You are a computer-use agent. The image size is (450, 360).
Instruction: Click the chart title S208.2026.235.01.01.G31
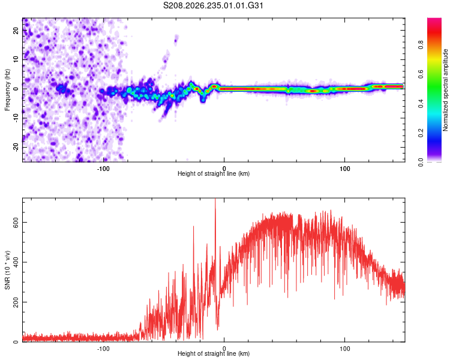(x=213, y=5)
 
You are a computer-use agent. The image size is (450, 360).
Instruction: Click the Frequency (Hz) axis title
(x=7, y=90)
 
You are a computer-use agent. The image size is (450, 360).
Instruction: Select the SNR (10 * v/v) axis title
(x=7, y=270)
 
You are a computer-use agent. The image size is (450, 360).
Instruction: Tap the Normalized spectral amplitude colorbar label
(x=445, y=90)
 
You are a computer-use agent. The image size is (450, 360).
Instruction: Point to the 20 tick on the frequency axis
(x=16, y=31)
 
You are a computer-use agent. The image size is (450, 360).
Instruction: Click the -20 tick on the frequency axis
(x=16, y=147)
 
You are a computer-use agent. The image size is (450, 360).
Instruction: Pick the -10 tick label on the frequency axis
(x=16, y=118)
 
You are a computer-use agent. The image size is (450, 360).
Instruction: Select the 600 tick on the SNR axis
(x=16, y=223)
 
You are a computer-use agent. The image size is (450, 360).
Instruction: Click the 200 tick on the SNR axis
(x=16, y=302)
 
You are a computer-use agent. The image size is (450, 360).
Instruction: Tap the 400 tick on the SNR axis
(x=16, y=262)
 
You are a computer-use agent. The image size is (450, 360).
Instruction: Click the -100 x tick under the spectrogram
(x=103, y=169)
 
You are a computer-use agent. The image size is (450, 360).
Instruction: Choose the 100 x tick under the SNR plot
(x=344, y=349)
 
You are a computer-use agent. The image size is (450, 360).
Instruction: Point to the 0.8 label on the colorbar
(x=421, y=45)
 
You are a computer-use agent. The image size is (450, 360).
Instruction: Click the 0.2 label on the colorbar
(x=421, y=133)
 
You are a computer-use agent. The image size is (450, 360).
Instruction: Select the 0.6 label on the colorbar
(x=421, y=74)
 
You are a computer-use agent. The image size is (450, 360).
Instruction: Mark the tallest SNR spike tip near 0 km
(x=215, y=199)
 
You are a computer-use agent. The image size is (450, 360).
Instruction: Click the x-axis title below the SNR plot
(x=214, y=353)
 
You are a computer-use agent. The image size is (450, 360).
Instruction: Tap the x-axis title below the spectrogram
(x=214, y=173)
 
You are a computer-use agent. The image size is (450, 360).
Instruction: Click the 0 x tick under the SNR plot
(x=224, y=349)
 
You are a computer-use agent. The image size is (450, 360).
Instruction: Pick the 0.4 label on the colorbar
(x=421, y=104)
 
